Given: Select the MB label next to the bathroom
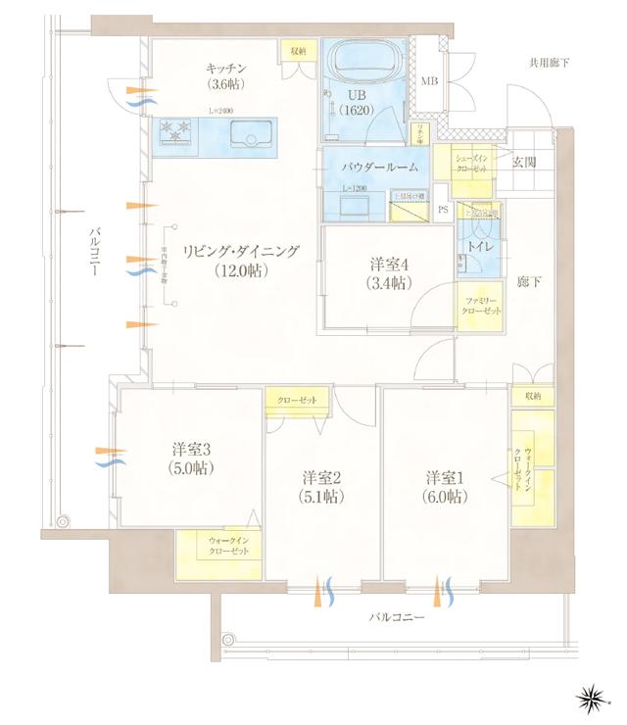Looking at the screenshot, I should tap(429, 80).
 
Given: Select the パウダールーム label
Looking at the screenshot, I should tap(380, 168).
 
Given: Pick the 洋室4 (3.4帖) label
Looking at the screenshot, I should tap(390, 272).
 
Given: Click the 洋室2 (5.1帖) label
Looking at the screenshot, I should tap(320, 486).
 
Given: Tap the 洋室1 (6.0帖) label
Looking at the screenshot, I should tap(446, 486).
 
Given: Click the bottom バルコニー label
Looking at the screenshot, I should tap(396, 619).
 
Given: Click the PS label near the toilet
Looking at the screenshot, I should tap(442, 210).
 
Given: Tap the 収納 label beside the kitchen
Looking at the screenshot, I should tap(296, 50).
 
